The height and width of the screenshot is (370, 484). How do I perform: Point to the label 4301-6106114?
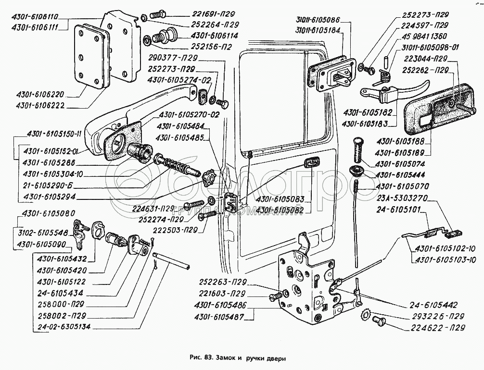click(x=215, y=36)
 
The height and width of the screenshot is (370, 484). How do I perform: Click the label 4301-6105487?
click(x=220, y=317)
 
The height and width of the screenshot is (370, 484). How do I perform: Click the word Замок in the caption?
click(x=223, y=358)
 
